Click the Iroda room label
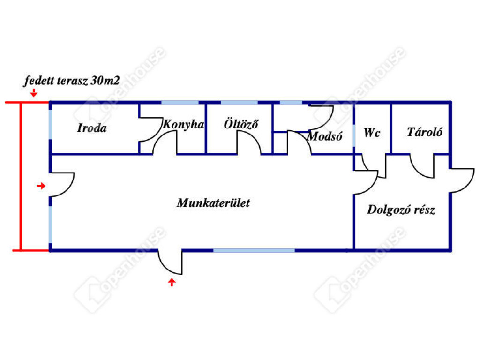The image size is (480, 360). point(92,128)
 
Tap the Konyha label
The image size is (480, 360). point(183,124)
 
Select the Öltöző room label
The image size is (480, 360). point(241,124)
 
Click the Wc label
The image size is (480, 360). point(372,133)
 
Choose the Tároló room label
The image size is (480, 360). point(425,132)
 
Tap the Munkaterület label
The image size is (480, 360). point(213,202)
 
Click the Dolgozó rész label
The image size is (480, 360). point(401,210)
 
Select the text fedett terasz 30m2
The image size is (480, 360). point(72,81)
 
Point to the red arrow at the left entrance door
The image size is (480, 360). point(41,186)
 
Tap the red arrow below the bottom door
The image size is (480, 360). point(172,282)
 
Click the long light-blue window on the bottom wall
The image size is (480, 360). point(254,250)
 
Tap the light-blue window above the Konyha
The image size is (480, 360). point(180,102)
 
